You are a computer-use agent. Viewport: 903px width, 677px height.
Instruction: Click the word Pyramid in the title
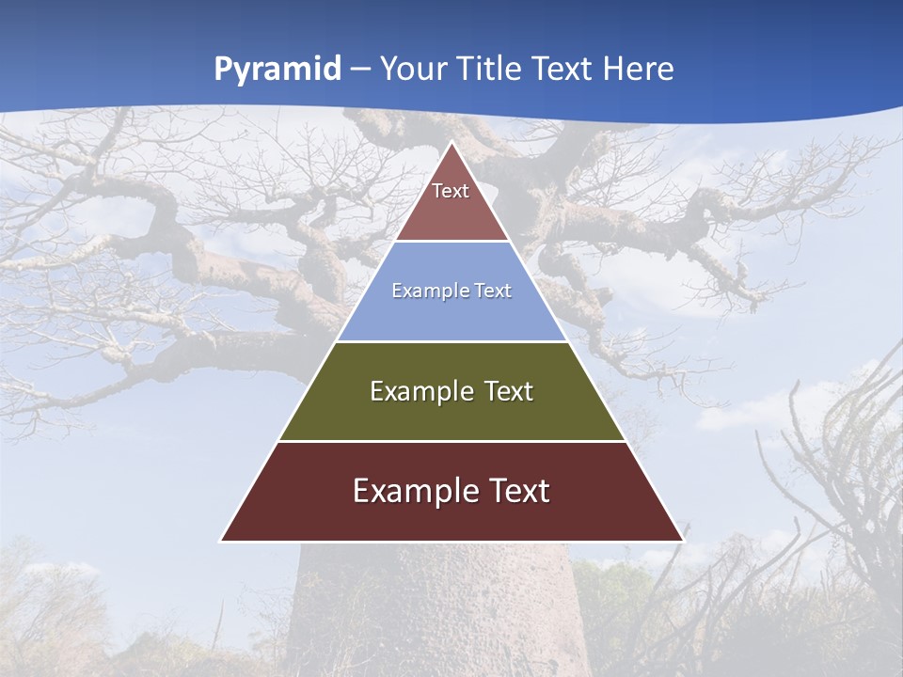tap(277, 70)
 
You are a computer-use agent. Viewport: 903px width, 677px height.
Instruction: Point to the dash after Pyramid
tap(360, 70)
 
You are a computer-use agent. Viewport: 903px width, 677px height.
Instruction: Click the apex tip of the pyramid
tap(452, 143)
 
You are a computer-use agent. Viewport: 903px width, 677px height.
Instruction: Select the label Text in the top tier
tap(451, 191)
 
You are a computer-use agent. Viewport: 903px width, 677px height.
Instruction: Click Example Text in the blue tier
tap(451, 291)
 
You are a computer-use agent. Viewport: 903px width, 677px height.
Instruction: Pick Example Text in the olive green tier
tap(451, 391)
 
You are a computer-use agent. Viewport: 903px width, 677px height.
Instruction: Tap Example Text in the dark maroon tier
tap(451, 491)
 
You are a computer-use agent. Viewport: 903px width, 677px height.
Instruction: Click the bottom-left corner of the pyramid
tap(222, 541)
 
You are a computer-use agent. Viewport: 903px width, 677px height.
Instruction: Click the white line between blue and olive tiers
tap(451, 341)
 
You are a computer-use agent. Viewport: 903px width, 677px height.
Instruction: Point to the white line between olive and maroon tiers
tap(451, 441)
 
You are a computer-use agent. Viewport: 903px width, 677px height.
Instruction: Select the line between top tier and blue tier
tap(451, 242)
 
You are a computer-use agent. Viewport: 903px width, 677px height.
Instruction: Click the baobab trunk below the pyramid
tap(433, 611)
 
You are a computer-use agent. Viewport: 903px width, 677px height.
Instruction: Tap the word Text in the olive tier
tap(509, 391)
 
